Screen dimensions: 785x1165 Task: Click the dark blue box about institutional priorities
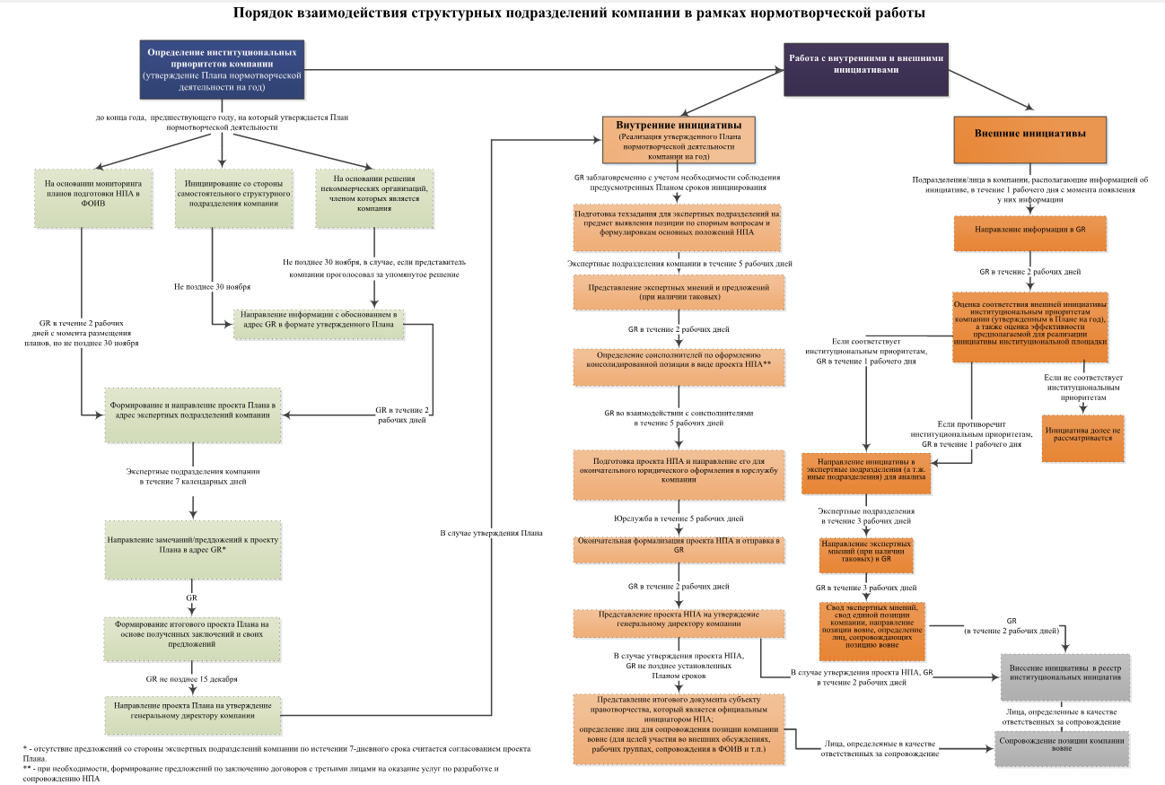tap(222, 71)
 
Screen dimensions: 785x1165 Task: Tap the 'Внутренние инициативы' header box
tap(678, 138)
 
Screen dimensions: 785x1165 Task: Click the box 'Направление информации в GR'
tap(1029, 230)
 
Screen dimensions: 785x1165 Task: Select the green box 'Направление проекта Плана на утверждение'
tap(193, 711)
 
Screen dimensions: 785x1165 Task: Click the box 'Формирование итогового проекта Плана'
tap(193, 633)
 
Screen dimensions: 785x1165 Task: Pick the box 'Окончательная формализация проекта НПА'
tap(679, 546)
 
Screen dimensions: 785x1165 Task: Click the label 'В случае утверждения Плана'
tap(491, 533)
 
